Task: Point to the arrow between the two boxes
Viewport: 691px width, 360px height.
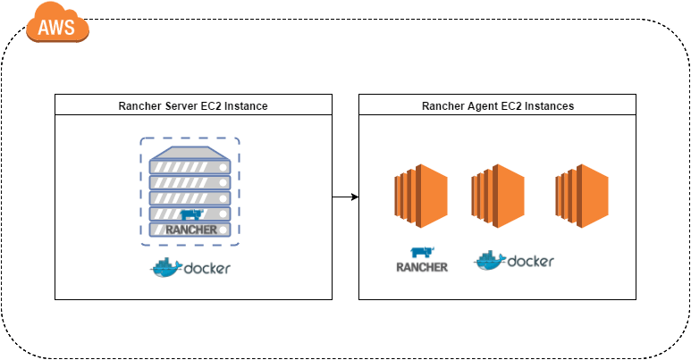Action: (345, 196)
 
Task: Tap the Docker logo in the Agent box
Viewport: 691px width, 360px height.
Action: (514, 262)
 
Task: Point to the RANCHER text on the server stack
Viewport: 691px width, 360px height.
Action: (190, 230)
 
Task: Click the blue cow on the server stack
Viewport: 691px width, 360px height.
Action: (192, 213)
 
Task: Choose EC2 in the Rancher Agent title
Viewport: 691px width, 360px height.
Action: (514, 106)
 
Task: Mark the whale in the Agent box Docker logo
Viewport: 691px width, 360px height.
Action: (489, 261)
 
